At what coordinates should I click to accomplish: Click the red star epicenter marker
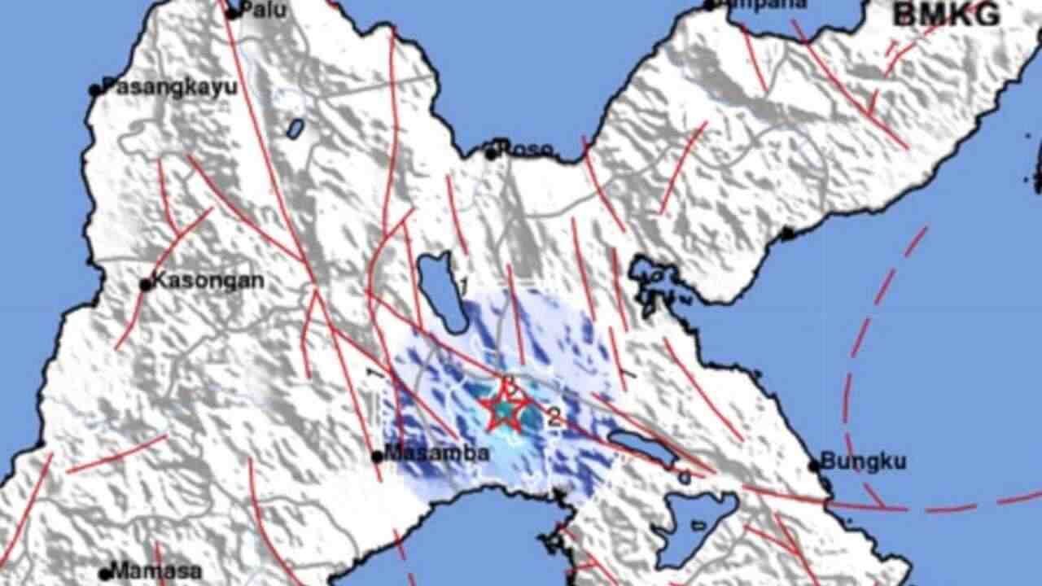pos(505,409)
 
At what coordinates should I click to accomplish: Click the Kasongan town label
pos(208,282)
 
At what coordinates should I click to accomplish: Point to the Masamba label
pos(437,454)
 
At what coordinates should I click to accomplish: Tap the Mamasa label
pos(156,571)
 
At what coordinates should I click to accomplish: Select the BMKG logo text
pos(946,15)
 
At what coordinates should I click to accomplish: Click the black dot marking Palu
pos(232,13)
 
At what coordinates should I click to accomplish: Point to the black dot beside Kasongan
pos(146,285)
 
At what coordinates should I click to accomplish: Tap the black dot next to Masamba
pos(378,457)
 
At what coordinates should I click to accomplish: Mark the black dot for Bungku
pos(814,466)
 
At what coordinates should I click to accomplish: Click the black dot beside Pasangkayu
pos(95,90)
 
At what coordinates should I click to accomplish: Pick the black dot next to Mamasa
pos(104,574)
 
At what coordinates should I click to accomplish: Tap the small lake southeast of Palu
pos(295,128)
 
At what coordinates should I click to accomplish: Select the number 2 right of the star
pos(554,420)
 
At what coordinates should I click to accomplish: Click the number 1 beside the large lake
pos(464,286)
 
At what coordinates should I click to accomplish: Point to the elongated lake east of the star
pos(642,448)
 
